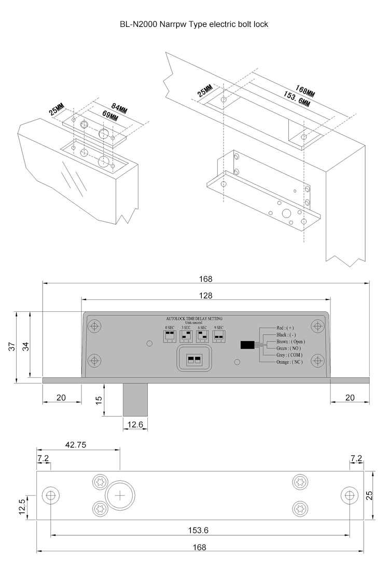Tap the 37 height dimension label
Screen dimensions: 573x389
[x=12, y=347]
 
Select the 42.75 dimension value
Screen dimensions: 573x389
[x=76, y=444]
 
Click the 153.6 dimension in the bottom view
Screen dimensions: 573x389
[x=199, y=531]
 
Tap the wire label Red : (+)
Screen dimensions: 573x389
[x=285, y=328]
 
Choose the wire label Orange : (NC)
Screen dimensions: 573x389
[x=289, y=362]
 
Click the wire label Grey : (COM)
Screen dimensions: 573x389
[x=289, y=355]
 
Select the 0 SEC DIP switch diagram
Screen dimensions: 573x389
[x=170, y=337]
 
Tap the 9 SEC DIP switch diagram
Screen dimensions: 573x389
[x=219, y=337]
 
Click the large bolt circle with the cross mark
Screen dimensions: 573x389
[x=120, y=495]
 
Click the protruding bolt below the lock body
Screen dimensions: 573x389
[x=135, y=399]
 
